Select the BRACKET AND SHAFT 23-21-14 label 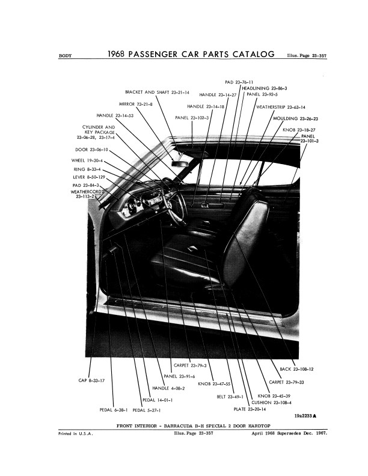point(157,93)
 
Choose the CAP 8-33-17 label point(92,380)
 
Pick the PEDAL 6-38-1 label point(114,410)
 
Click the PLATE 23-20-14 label point(249,409)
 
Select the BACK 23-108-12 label point(297,368)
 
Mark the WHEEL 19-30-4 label point(90,160)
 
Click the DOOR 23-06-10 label point(92,149)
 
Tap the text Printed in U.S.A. point(75,433)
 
